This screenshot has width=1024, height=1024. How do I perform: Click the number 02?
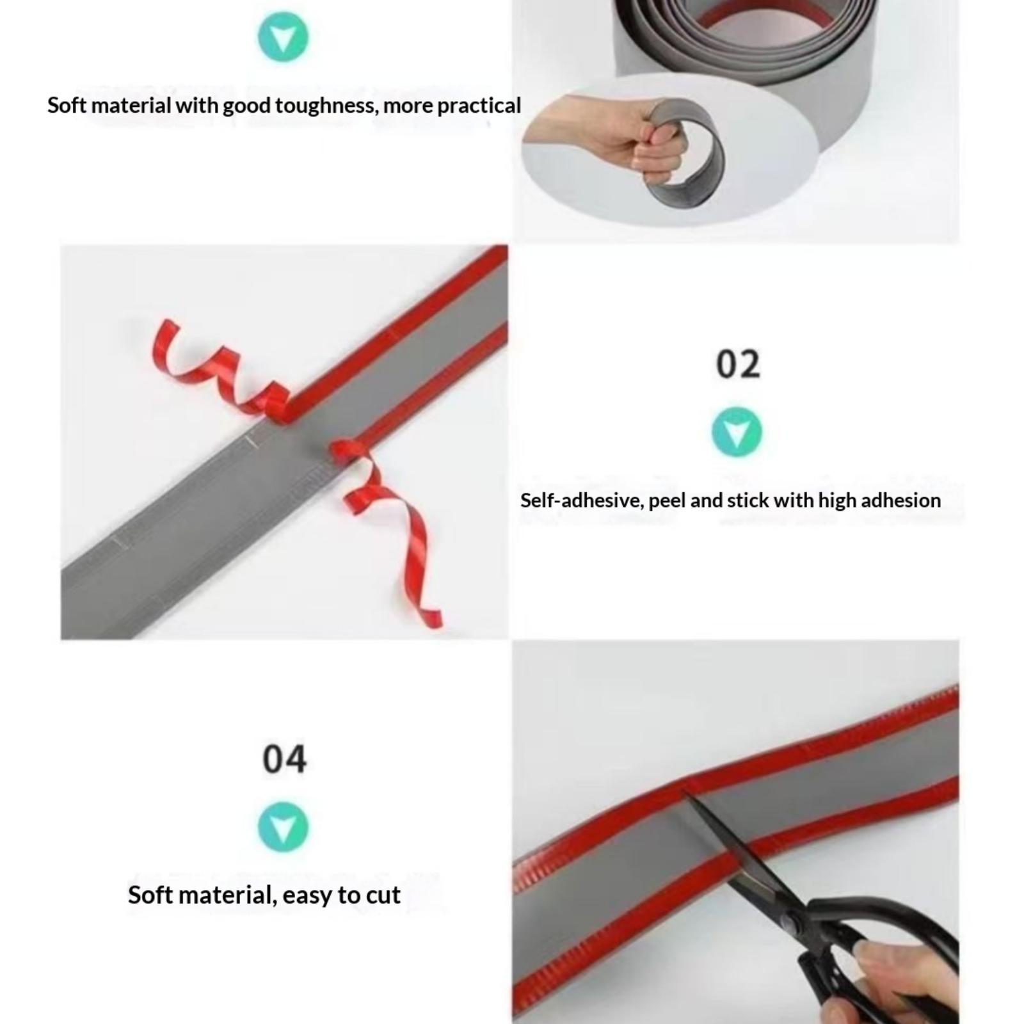pyautogui.click(x=738, y=364)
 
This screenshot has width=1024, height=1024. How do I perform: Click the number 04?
pyautogui.click(x=284, y=759)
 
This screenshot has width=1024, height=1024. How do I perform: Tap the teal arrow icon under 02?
pyautogui.click(x=737, y=432)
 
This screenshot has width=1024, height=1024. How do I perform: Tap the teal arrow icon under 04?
pyautogui.click(x=284, y=827)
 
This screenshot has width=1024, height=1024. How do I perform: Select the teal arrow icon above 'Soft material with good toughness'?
pyautogui.click(x=284, y=36)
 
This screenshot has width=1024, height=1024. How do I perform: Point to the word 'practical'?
pyautogui.click(x=479, y=106)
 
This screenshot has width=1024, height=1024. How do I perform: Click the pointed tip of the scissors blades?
pyautogui.click(x=683, y=792)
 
